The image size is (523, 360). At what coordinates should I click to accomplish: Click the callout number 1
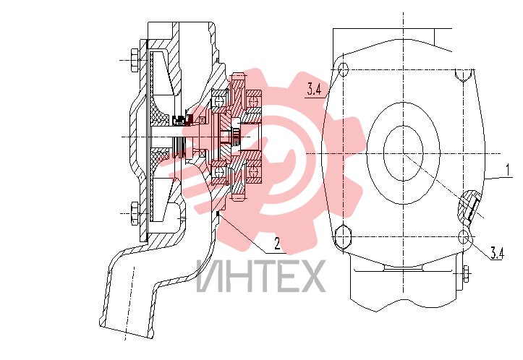click(x=508, y=170)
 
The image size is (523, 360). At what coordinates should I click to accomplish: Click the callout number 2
click(x=277, y=243)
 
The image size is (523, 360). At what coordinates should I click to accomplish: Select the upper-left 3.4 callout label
click(x=314, y=90)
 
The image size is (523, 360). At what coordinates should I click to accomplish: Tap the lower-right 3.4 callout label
click(x=497, y=253)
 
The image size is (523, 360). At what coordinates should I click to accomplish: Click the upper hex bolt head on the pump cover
click(x=135, y=60)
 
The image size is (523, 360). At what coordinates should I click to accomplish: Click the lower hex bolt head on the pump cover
click(x=135, y=213)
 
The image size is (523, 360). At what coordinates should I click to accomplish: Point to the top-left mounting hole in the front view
click(x=343, y=69)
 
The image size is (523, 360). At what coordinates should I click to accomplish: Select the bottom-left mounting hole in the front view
click(x=343, y=237)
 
